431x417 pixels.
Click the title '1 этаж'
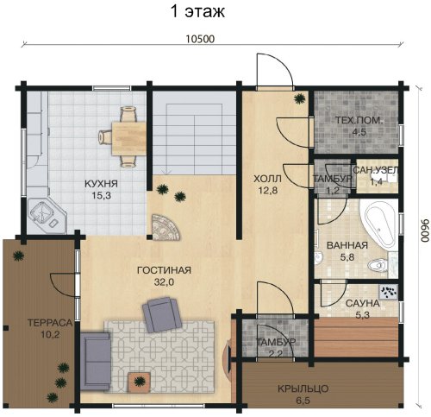tap(198, 12)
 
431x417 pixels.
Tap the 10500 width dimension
tap(200, 39)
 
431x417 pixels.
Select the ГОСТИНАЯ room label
tap(164, 270)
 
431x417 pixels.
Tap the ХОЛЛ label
tap(267, 179)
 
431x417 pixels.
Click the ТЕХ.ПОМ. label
tap(359, 120)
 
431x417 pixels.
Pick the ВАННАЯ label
tap(347, 245)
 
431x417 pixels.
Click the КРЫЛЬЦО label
tap(303, 389)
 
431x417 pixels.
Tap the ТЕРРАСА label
tap(50, 323)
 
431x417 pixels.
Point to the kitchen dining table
tap(128, 138)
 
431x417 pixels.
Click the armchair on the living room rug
tap(161, 315)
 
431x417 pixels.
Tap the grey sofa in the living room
tap(95, 362)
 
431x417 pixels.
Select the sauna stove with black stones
tap(389, 292)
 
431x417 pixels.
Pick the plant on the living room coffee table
tap(140, 382)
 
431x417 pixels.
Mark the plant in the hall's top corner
tap(300, 98)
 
